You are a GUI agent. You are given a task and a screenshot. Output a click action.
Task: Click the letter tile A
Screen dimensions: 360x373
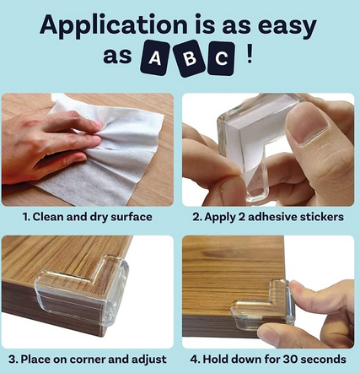coord(155,58)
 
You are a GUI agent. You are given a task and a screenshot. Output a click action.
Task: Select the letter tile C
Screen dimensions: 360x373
coord(221,58)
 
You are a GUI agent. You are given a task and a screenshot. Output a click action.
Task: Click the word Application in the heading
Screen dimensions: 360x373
coord(114,25)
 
